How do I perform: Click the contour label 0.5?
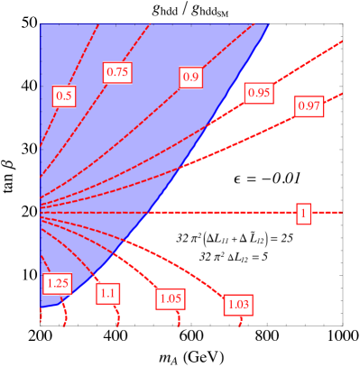click(64, 96)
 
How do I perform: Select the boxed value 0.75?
click(117, 72)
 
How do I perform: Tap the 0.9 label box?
click(190, 78)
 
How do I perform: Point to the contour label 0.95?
click(259, 92)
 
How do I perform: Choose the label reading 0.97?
click(309, 106)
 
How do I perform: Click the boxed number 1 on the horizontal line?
click(303, 214)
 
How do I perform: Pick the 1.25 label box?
click(57, 283)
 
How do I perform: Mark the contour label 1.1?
click(108, 292)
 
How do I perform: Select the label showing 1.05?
click(171, 298)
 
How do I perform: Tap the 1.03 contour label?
click(238, 305)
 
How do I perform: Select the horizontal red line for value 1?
click(226, 213)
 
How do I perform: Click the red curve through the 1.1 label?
click(90, 261)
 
